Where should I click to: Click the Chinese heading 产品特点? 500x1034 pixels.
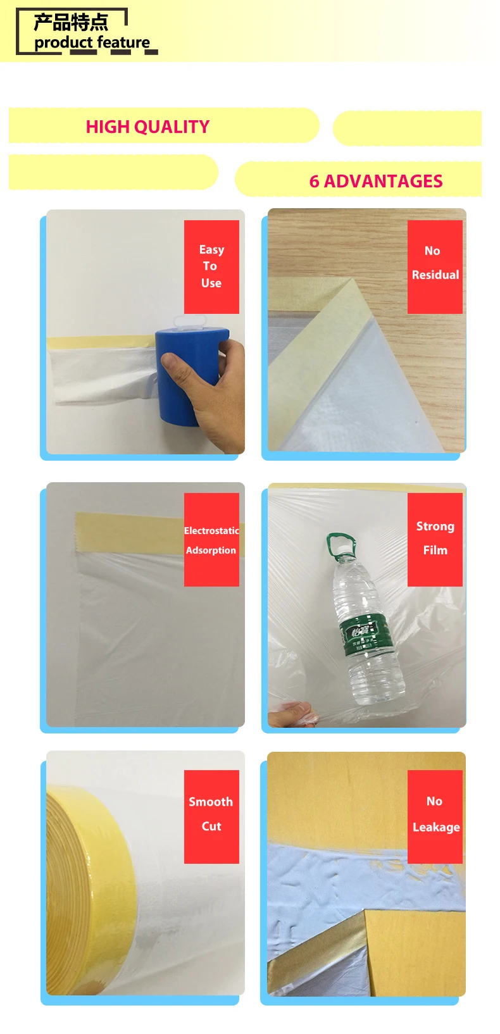pos(71,22)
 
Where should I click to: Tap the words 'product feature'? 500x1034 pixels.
pos(92,43)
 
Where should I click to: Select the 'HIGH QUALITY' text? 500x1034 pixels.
pos(147,127)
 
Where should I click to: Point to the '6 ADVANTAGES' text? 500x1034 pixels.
pos(375,181)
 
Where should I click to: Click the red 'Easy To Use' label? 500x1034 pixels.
pos(211,266)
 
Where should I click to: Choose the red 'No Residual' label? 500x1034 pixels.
pos(435,266)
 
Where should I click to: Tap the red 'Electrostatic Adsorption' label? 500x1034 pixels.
pos(211,540)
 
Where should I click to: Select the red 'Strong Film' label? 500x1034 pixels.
pos(435,539)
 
